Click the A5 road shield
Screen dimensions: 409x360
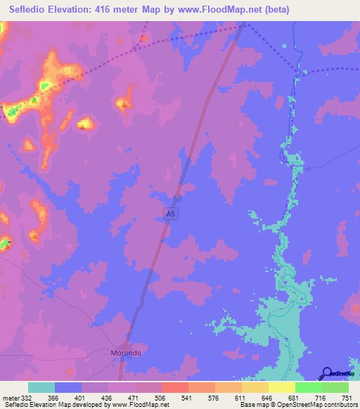[x=169, y=212]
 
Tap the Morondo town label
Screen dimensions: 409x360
[x=126, y=352]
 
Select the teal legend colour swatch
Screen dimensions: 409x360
[x=41, y=387]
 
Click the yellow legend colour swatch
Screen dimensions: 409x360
[x=281, y=387]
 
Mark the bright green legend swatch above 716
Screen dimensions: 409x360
[x=308, y=387]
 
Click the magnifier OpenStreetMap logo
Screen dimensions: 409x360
[x=327, y=373]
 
